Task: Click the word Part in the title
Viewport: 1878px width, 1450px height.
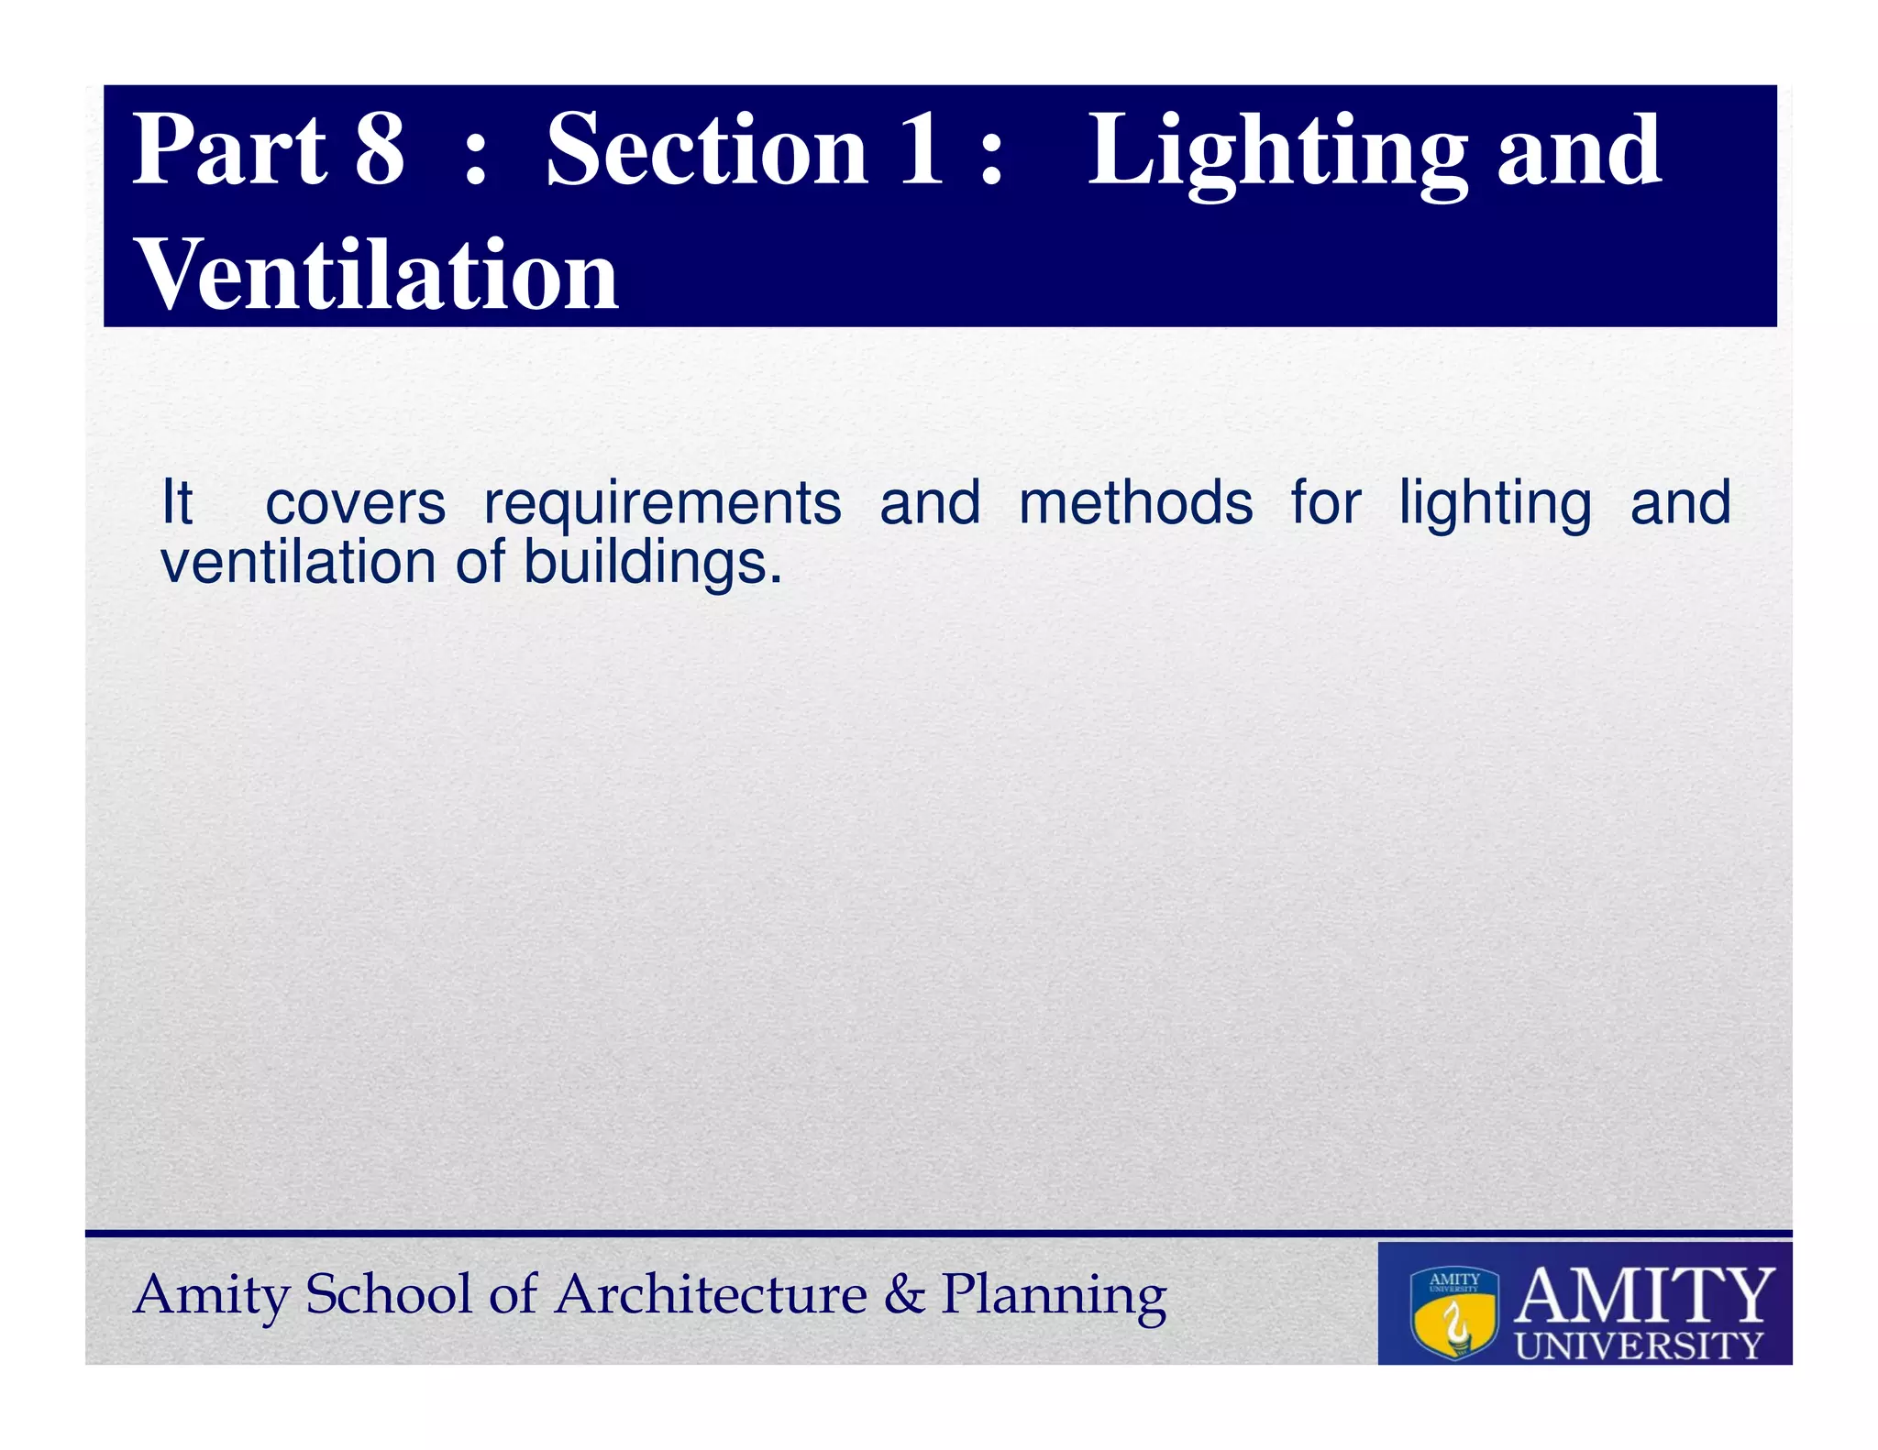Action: click(228, 150)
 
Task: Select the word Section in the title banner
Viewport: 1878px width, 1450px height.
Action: click(707, 150)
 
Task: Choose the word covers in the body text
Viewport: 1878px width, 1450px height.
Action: click(356, 504)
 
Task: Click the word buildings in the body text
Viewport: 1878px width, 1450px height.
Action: click(652, 564)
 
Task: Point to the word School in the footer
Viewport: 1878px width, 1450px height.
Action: click(389, 1294)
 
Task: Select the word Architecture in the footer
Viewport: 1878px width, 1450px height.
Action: click(712, 1294)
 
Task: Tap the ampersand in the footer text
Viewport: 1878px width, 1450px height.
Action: click(904, 1294)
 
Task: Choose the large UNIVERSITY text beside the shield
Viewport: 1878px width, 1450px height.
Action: click(1639, 1346)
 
